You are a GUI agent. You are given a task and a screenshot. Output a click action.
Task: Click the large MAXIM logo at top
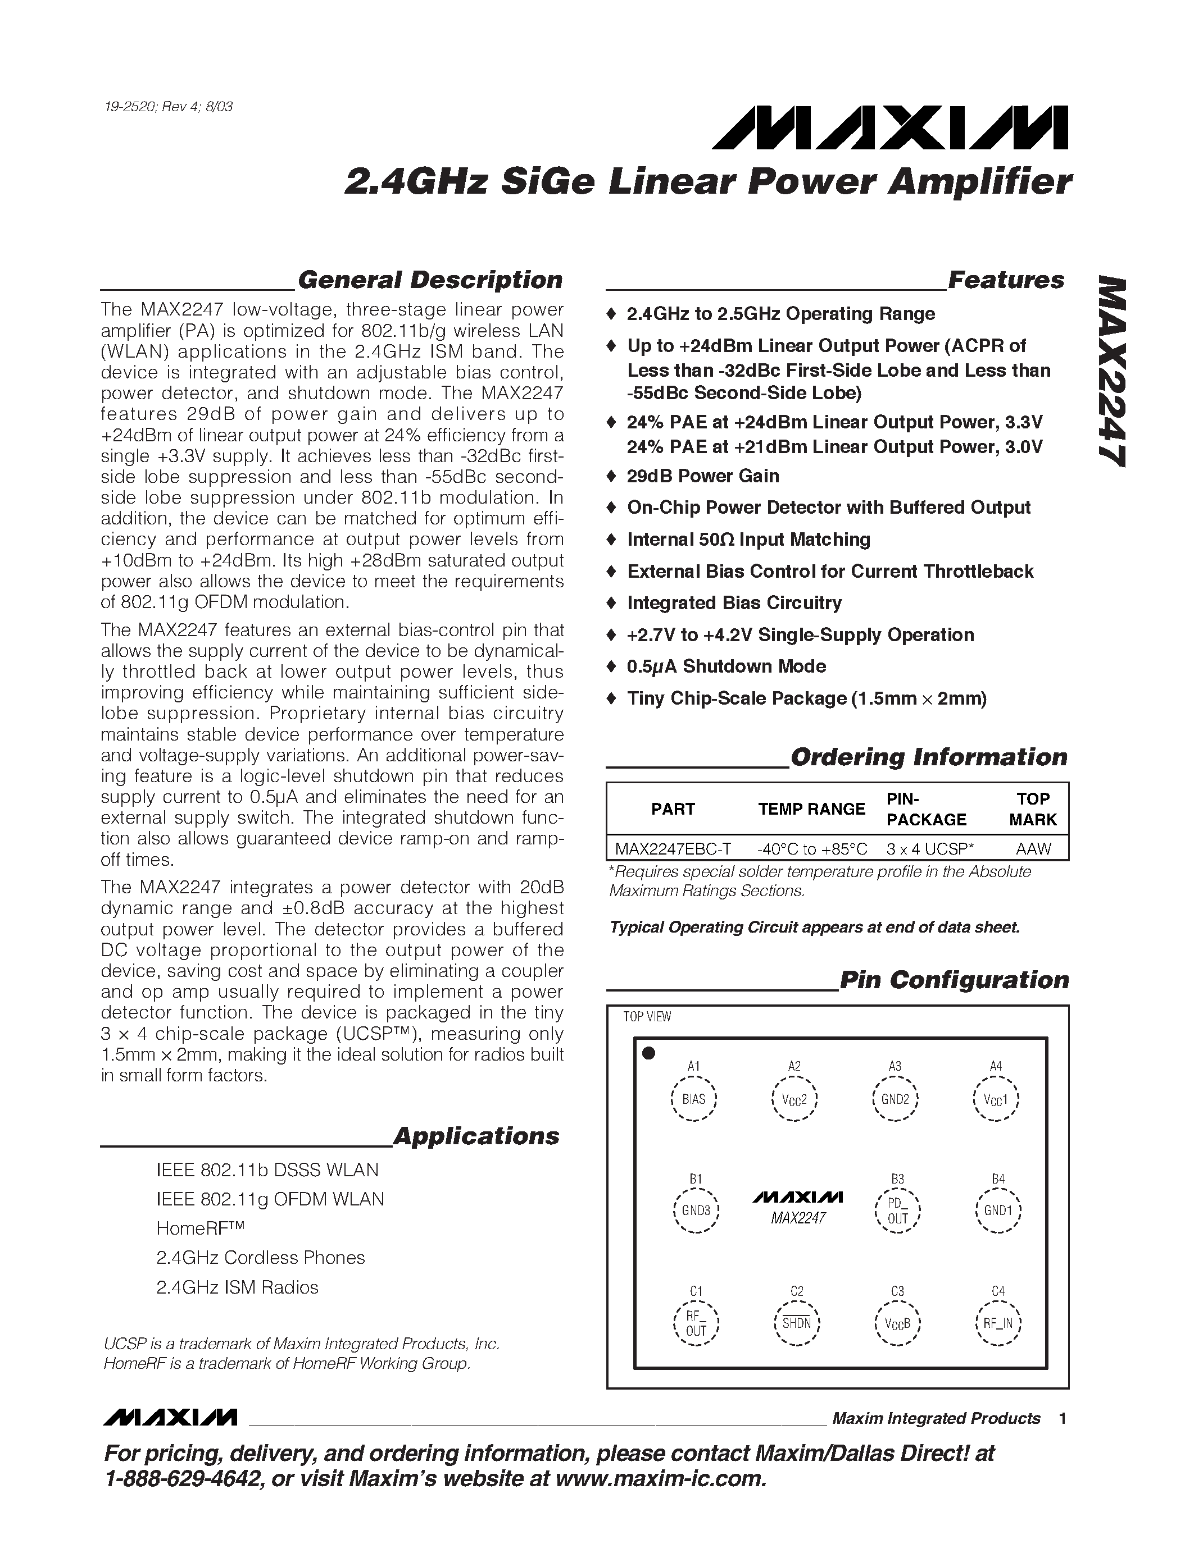pyautogui.click(x=890, y=129)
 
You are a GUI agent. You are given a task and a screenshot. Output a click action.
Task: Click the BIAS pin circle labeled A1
pyautogui.click(x=694, y=1099)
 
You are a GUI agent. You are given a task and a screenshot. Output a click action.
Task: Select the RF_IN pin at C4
pyautogui.click(x=997, y=1323)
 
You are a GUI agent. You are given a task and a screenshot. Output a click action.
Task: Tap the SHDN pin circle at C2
pyautogui.click(x=797, y=1323)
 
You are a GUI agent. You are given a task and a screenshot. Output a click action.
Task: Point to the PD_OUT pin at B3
pyautogui.click(x=897, y=1211)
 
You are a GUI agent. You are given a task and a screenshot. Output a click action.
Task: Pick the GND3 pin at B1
pyautogui.click(x=696, y=1210)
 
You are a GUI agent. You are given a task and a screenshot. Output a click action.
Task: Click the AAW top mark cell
pyautogui.click(x=1033, y=848)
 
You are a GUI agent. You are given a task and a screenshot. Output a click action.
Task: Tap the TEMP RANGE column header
pyautogui.click(x=811, y=808)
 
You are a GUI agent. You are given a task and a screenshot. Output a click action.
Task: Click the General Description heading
pyautogui.click(x=430, y=280)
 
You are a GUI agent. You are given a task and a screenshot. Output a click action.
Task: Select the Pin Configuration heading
pyautogui.click(x=954, y=980)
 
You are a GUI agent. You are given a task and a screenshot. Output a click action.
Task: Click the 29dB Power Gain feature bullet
pyautogui.click(x=702, y=476)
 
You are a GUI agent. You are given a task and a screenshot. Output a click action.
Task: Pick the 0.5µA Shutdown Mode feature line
pyautogui.click(x=726, y=666)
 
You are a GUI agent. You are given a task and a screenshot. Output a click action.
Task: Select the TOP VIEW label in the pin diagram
pyautogui.click(x=647, y=1017)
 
